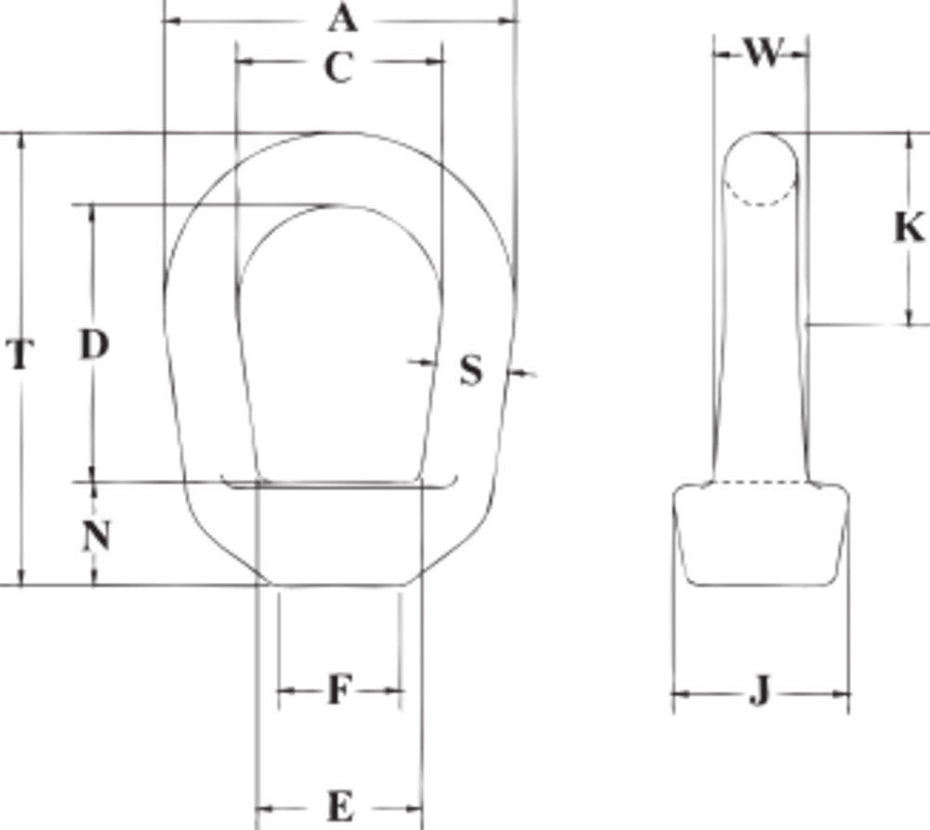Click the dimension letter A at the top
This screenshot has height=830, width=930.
[342, 18]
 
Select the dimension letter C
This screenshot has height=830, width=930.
[339, 67]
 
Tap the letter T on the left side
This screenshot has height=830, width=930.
[20, 355]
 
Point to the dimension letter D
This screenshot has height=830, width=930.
[93, 345]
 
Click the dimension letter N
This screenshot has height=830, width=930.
[97, 536]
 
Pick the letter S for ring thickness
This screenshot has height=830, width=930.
[472, 371]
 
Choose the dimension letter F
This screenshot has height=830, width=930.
[339, 690]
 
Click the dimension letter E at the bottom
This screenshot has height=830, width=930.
[340, 806]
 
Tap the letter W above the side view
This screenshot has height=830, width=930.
[763, 53]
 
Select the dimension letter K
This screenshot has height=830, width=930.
[909, 227]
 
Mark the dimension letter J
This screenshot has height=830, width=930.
[760, 692]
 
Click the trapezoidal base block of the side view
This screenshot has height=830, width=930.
[761, 535]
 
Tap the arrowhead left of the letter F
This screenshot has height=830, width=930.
[285, 690]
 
